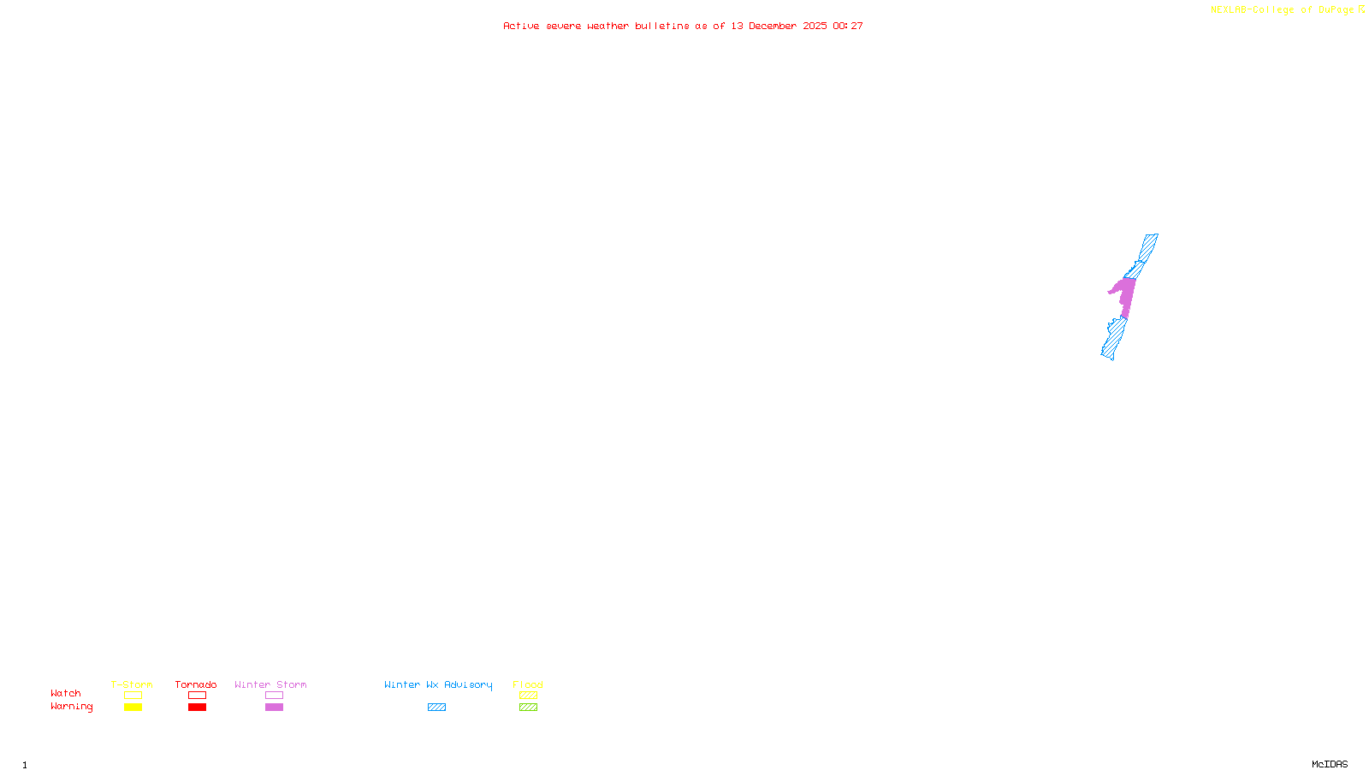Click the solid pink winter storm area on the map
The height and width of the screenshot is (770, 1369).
(x=1125, y=295)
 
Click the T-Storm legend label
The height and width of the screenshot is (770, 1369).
(x=132, y=684)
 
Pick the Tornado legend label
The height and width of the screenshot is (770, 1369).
(x=196, y=684)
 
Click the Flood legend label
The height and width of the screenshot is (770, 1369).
(x=528, y=684)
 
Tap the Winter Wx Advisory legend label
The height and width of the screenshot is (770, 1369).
(x=438, y=684)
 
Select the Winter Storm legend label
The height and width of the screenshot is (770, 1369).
(x=270, y=684)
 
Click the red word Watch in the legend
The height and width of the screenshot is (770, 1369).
(x=66, y=694)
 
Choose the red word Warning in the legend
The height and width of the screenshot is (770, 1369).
(x=72, y=707)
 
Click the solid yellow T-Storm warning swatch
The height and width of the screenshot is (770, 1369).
(x=133, y=708)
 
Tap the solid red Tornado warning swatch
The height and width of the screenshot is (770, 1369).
(x=197, y=708)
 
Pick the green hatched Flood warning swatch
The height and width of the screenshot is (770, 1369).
(x=528, y=708)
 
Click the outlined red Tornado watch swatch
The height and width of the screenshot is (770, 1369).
(x=197, y=696)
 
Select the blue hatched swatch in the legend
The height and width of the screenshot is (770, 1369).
(x=436, y=708)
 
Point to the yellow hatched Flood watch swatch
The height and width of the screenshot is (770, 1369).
(x=528, y=696)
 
